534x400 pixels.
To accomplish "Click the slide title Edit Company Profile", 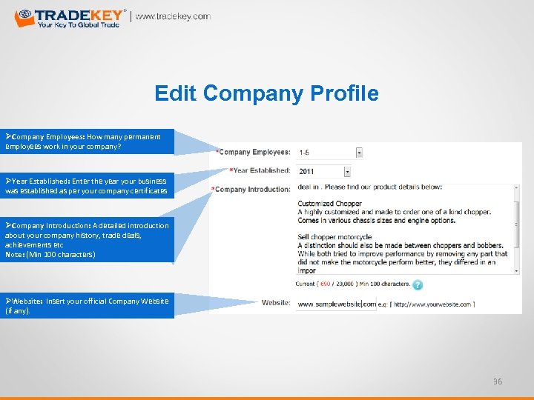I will pos(266,93).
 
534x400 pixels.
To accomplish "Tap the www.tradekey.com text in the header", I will pos(173,16).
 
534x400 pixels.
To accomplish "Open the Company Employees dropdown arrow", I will pos(359,153).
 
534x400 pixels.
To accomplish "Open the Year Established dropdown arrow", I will pos(359,171).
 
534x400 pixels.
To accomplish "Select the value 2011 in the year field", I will pos(307,171).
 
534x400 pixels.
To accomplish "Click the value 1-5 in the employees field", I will pos(305,153).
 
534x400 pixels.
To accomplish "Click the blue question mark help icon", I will pos(418,284).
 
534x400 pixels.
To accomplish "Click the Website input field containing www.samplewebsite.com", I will pos(335,304).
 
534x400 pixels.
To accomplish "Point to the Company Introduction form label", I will pos(252,190).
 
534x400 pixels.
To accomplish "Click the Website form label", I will pos(276,302).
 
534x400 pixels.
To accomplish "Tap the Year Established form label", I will pos(260,170).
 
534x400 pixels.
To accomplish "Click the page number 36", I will pos(498,381).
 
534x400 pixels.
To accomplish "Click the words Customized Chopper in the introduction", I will pos(330,203).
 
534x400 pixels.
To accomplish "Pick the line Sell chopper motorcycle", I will pos(334,237).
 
